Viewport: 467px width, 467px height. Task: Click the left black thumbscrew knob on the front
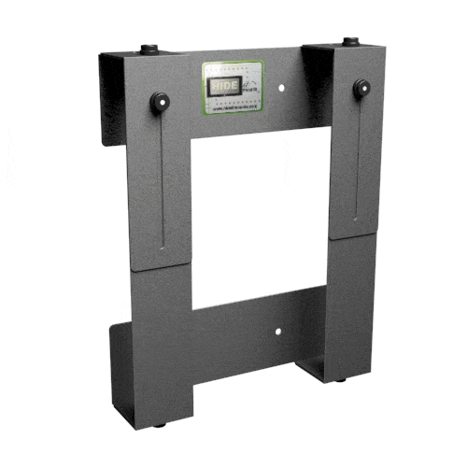[159, 99]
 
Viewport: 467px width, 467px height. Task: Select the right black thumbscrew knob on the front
[361, 90]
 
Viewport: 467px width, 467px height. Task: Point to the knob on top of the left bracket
[148, 49]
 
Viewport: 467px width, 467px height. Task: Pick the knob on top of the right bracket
[349, 41]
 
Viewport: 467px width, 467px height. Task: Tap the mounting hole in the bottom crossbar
[278, 331]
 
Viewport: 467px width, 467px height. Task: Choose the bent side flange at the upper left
[112, 103]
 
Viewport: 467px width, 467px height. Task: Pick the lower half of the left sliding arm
[161, 346]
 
